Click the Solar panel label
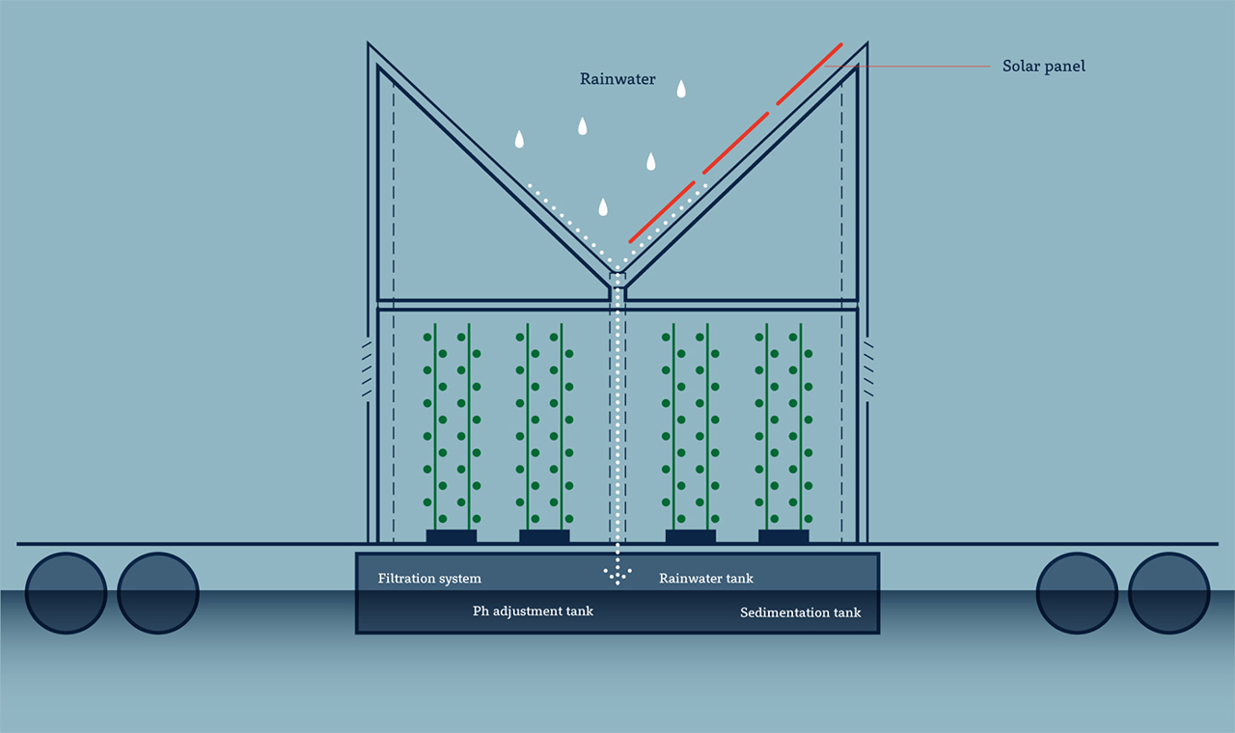click(1044, 67)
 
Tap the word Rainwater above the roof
click(617, 79)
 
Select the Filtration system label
click(429, 579)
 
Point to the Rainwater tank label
click(706, 579)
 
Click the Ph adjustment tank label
click(533, 611)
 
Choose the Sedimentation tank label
click(801, 612)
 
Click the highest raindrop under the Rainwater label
click(681, 89)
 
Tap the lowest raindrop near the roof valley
click(603, 206)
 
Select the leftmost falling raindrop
click(519, 139)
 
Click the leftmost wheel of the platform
click(66, 592)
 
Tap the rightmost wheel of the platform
click(1168, 592)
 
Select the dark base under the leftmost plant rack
click(452, 536)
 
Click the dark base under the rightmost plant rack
click(783, 536)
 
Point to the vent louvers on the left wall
click(367, 368)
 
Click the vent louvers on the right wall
click(868, 368)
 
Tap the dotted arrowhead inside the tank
click(617, 576)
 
